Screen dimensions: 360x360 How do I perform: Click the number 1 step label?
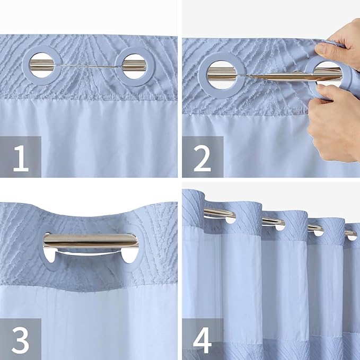tap(21, 157)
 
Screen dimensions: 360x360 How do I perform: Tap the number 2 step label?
tap(203, 157)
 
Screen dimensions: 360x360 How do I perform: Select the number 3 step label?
tap(21, 339)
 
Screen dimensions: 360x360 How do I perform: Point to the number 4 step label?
tap(203, 339)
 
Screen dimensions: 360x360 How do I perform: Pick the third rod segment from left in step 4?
tap(315, 228)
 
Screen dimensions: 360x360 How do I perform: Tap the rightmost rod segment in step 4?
tap(350, 233)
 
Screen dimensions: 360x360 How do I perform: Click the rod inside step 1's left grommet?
tap(40, 66)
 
